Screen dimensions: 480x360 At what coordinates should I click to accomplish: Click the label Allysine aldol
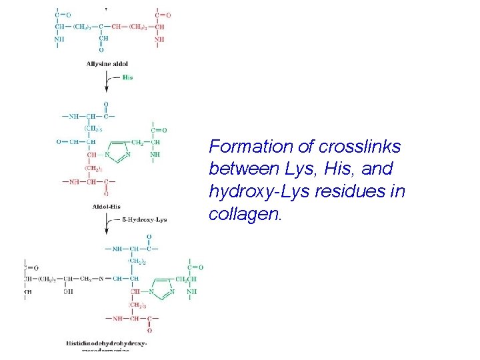coord(107,63)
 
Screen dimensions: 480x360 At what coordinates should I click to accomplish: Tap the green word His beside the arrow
coord(127,77)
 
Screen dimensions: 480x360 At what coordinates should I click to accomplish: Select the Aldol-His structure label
coord(107,206)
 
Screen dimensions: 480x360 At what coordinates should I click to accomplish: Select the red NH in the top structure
coord(159,39)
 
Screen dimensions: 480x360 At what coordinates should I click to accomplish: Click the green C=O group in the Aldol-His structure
coord(159,131)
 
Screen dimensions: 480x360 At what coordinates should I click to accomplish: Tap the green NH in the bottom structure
coord(192,291)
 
